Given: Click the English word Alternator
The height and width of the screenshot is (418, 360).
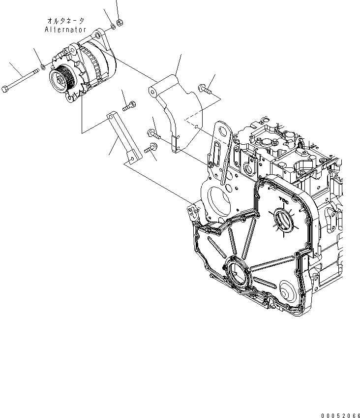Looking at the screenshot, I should click(65, 30).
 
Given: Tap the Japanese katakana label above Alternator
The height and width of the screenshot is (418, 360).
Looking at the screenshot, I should click(66, 21).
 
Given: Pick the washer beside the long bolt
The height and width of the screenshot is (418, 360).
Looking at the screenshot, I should click(43, 67).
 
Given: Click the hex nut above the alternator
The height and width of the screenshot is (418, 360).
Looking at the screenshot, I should click(121, 22).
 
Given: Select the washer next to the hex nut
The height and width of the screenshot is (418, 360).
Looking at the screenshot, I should click(113, 27).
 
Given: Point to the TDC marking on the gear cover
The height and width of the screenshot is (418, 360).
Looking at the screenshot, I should click(284, 201).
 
